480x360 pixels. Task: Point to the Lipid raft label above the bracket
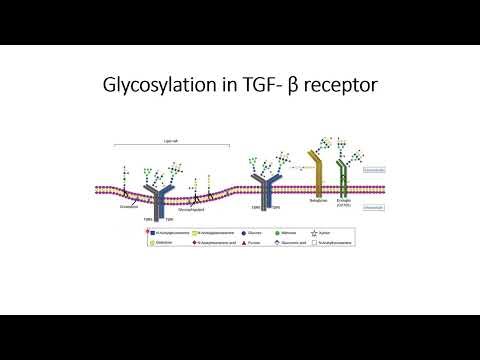(169, 141)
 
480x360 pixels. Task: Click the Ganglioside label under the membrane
(128, 208)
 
